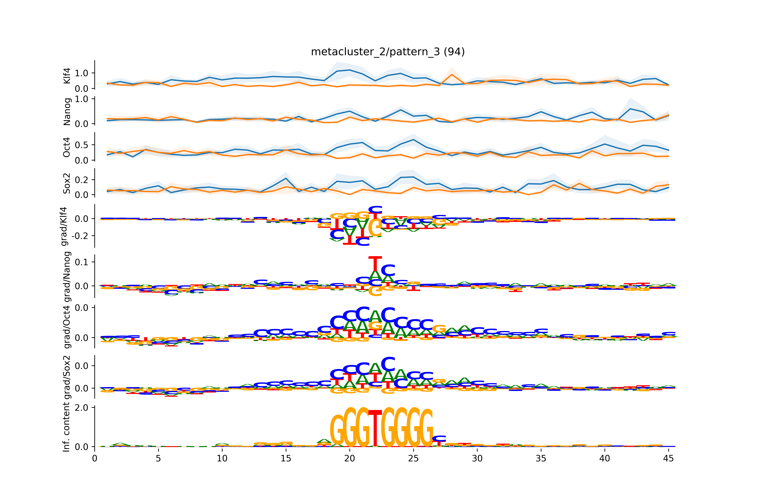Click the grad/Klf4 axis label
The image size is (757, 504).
(x=64, y=226)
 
